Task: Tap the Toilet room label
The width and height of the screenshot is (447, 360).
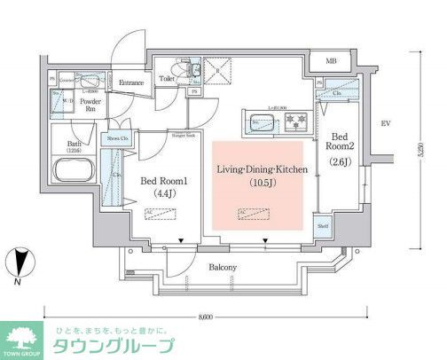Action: click(166, 79)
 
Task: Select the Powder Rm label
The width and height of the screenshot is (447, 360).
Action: click(91, 106)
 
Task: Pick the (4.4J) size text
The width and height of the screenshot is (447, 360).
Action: click(161, 192)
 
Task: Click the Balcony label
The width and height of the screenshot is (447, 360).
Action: click(223, 268)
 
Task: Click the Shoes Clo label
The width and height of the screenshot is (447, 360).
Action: click(116, 139)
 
